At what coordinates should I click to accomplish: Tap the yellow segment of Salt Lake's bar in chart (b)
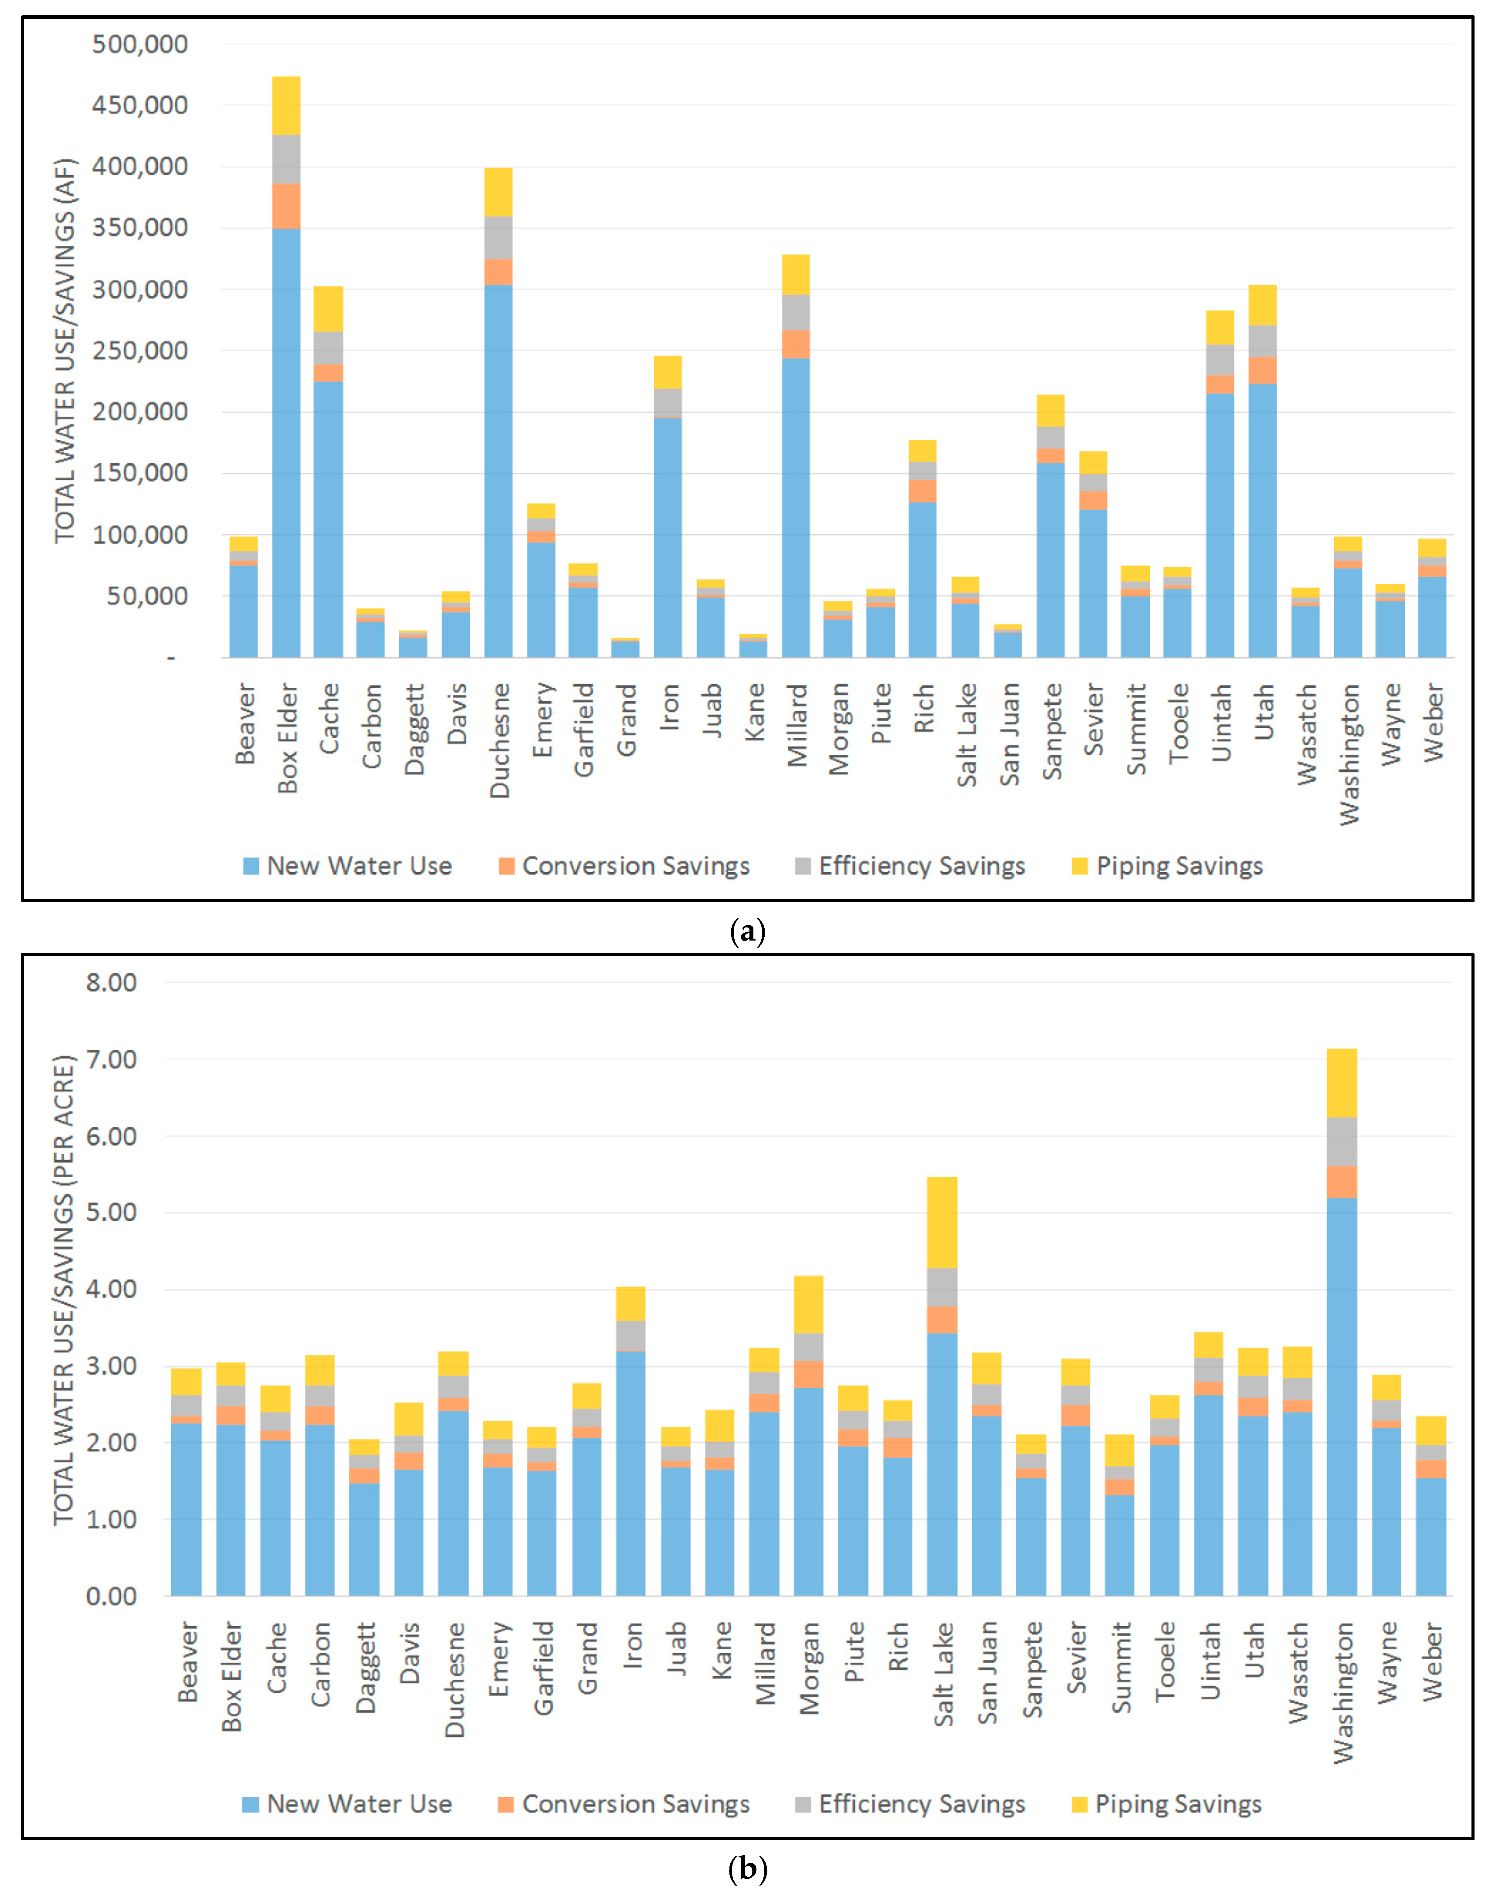click(x=942, y=1223)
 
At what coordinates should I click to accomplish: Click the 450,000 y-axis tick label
click(x=140, y=105)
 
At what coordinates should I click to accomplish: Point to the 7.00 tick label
click(x=111, y=1060)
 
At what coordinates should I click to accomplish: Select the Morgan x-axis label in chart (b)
click(x=810, y=1668)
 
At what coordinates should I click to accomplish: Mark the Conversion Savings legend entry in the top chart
click(x=625, y=866)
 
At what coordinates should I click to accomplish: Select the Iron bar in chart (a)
click(x=668, y=525)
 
